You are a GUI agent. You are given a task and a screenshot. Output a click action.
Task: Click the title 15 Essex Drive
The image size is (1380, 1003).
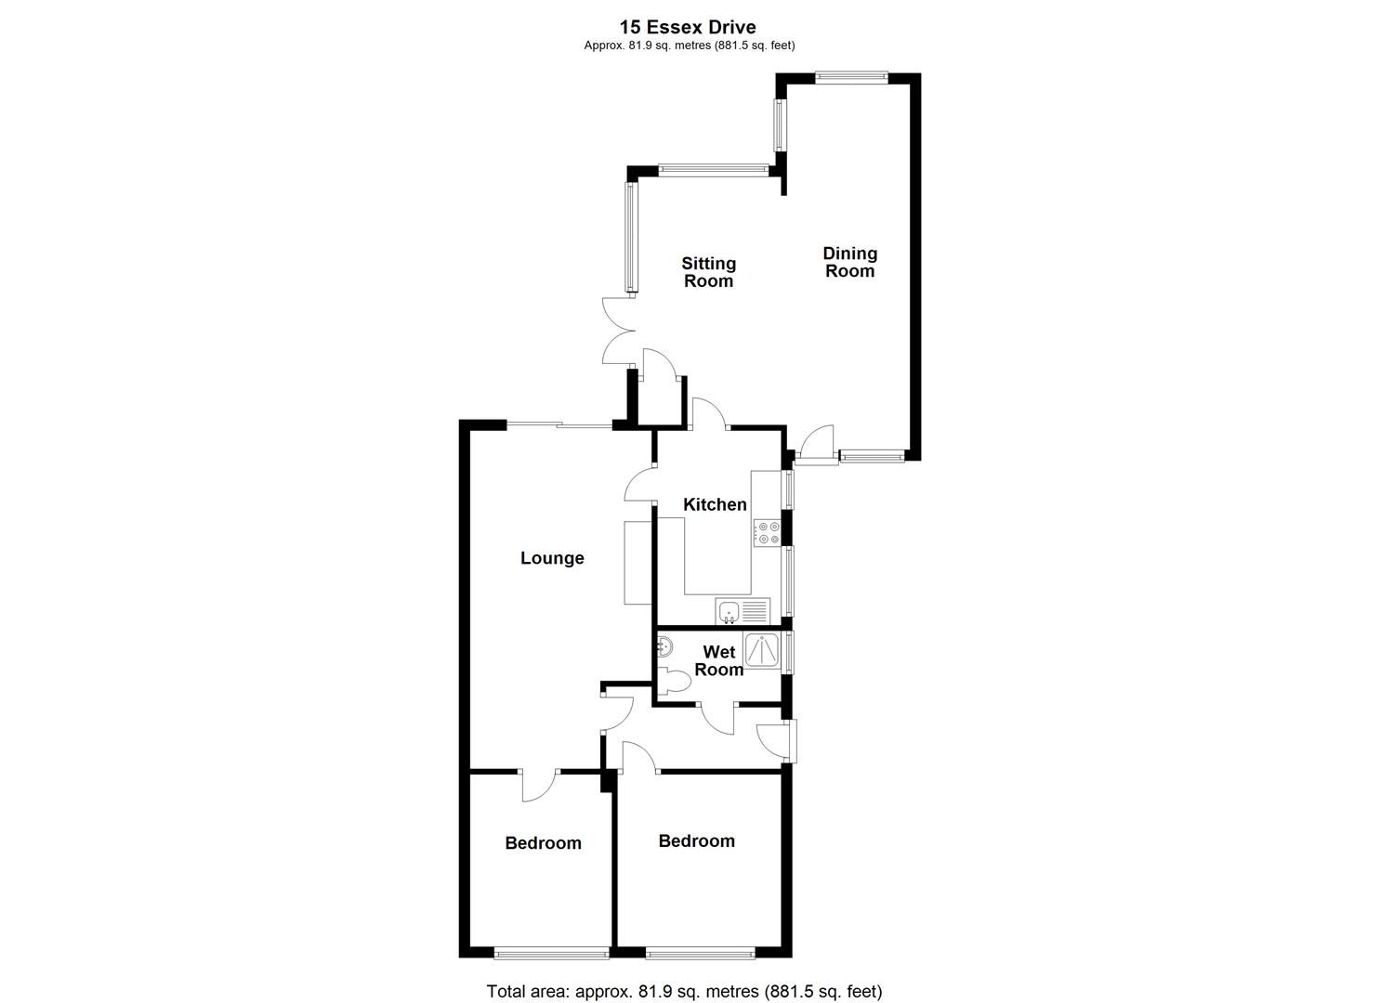click(689, 28)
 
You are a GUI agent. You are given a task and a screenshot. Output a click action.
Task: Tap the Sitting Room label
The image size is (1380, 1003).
click(708, 272)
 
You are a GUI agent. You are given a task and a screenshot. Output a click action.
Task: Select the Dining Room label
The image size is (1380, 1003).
click(849, 262)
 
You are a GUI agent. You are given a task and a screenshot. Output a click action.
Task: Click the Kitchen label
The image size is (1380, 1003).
click(715, 504)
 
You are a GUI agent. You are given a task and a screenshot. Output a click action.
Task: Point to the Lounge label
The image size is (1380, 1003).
click(552, 558)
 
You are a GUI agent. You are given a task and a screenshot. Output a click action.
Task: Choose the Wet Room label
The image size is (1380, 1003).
click(719, 660)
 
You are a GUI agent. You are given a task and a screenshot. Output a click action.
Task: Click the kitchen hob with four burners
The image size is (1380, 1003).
click(768, 532)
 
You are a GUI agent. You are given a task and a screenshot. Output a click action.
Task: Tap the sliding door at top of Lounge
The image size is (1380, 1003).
click(559, 425)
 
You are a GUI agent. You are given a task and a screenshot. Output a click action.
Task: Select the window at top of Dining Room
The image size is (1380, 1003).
click(851, 78)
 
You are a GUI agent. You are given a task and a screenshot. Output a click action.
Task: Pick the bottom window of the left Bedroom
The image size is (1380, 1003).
click(551, 952)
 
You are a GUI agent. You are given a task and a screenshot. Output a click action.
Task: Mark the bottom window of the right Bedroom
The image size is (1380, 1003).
click(700, 952)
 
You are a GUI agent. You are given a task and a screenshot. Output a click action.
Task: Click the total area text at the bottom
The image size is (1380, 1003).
click(684, 991)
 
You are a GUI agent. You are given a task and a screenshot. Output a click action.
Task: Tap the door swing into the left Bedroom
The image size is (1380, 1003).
click(539, 786)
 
